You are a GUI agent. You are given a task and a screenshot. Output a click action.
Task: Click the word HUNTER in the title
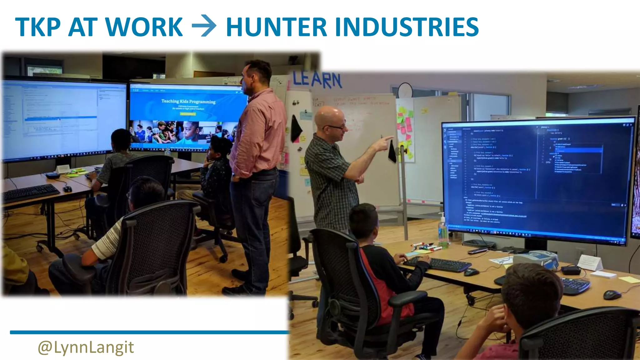[x=277, y=27]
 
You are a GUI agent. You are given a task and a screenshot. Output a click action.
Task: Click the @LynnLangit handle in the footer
[x=86, y=347]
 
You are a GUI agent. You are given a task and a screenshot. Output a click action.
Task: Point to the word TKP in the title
[x=37, y=27]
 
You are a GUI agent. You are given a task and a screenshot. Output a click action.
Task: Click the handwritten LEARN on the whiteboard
[x=317, y=80]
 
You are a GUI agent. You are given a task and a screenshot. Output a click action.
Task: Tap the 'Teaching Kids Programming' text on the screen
[x=188, y=101]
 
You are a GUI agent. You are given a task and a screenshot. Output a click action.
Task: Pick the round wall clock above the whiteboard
[x=405, y=90]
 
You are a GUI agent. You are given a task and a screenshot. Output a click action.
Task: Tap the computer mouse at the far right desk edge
[x=612, y=294]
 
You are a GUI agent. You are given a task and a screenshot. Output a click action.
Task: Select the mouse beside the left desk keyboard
[x=67, y=189]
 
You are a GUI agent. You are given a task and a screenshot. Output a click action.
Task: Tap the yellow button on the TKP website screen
[x=188, y=114]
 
